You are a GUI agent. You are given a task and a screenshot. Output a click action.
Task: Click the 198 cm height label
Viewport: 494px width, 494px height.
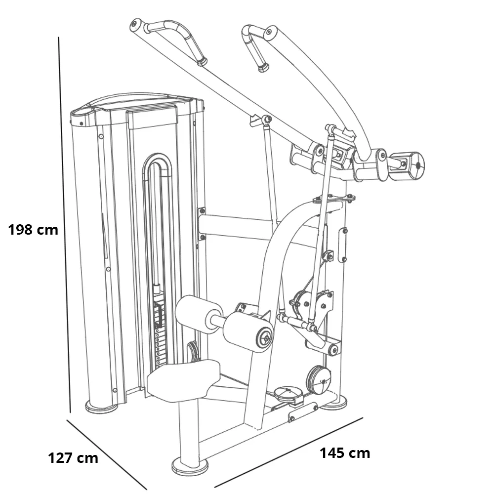tap(33, 230)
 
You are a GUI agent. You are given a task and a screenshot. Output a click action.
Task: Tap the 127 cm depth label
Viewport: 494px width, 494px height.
tap(73, 458)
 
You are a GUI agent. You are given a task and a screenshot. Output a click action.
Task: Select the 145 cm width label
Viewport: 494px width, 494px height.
tap(344, 453)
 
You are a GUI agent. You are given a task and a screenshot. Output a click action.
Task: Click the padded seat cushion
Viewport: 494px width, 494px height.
tap(183, 379)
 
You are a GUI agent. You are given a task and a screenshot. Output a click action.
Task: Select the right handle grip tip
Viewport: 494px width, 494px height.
tap(263, 67)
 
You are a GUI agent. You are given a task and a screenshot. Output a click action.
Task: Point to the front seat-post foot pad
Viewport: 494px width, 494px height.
tap(190, 466)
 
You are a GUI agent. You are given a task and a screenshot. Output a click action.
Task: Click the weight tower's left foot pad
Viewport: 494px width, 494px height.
tap(102, 407)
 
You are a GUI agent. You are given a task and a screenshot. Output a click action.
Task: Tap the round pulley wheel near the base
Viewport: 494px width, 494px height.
tap(319, 379)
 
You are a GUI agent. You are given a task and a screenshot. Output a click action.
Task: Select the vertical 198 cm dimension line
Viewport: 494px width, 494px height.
tap(65, 222)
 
